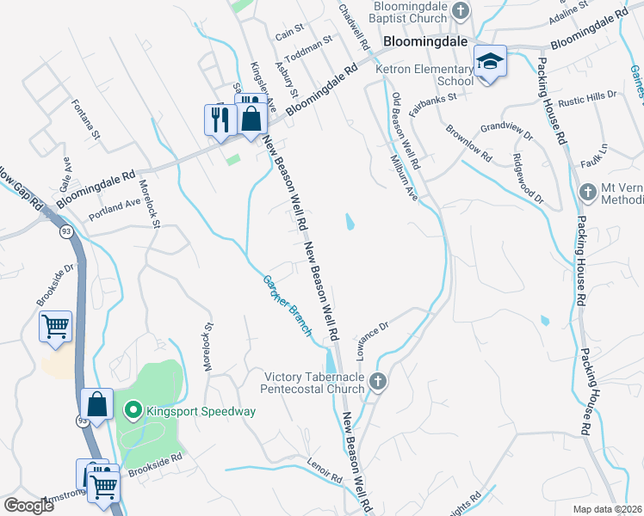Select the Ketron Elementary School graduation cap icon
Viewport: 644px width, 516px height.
pos(490,61)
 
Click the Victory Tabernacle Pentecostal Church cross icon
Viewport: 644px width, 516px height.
pos(376,380)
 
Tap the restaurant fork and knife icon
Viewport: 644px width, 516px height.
pos(219,118)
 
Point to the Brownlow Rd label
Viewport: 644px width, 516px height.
pos(468,144)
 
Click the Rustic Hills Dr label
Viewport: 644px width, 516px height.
pos(588,99)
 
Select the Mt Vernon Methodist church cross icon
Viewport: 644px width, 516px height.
pos(587,192)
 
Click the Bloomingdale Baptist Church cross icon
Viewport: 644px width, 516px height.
pos(461,10)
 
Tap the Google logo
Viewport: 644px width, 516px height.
pos(29,506)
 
